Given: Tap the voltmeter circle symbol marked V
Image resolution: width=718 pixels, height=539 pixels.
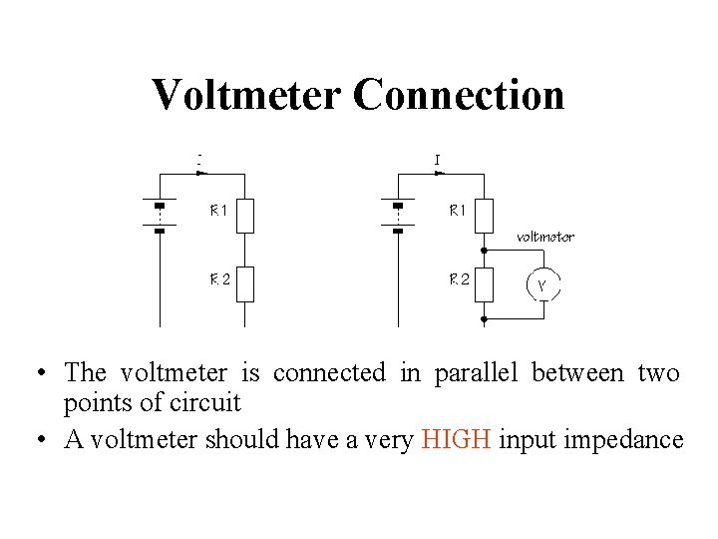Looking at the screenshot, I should [x=541, y=285].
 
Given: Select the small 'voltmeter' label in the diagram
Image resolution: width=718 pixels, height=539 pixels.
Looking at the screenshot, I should [x=544, y=238].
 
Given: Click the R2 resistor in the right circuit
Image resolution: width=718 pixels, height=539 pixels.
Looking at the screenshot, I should [x=484, y=283].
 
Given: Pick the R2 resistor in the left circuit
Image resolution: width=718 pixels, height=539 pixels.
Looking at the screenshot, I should [x=244, y=283].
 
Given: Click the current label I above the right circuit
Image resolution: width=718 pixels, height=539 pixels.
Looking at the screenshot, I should [x=438, y=158].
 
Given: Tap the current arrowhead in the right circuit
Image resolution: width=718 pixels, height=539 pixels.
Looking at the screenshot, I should [x=440, y=171].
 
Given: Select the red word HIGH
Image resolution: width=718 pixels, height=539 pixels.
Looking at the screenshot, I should [x=457, y=440].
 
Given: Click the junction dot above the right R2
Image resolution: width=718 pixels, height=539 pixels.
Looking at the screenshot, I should [x=484, y=250].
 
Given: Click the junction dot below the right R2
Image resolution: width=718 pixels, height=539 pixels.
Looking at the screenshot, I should [x=484, y=318].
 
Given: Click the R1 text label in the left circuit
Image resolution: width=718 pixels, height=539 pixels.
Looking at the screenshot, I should [x=218, y=211].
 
